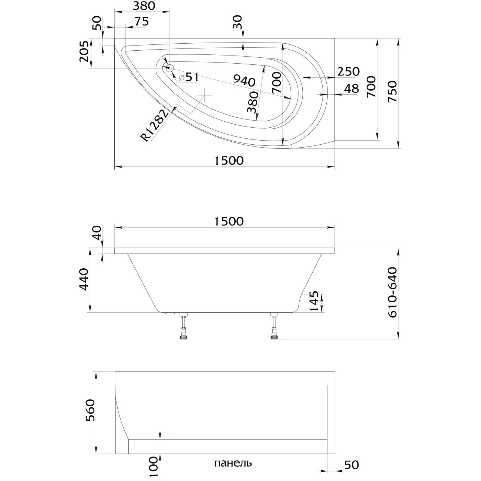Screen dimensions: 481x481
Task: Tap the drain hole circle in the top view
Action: pyautogui.click(x=170, y=68)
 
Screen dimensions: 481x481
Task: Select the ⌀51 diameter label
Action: pyautogui.click(x=189, y=77)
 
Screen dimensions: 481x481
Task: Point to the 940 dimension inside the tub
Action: pyautogui.click(x=244, y=79)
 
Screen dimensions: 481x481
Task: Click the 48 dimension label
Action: pyautogui.click(x=351, y=89)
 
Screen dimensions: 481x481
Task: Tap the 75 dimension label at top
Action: pyautogui.click(x=141, y=22)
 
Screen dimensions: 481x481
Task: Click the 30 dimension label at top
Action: pyautogui.click(x=238, y=23)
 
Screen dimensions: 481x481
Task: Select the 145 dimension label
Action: pyautogui.click(x=313, y=302)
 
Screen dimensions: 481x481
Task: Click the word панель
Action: pyautogui.click(x=233, y=463)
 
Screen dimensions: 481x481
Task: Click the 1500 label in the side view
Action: pyautogui.click(x=229, y=221)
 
